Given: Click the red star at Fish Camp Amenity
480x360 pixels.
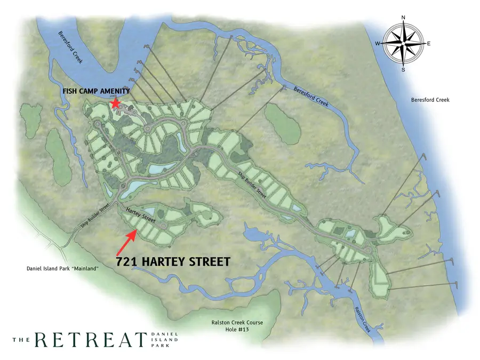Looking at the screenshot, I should [115, 103].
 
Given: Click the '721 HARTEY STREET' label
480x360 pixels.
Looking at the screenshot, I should [173, 262].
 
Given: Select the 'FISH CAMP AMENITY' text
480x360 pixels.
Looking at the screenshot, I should [96, 92].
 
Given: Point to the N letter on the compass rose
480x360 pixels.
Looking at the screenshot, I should [403, 18].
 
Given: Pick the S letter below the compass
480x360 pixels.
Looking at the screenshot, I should [403, 69].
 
